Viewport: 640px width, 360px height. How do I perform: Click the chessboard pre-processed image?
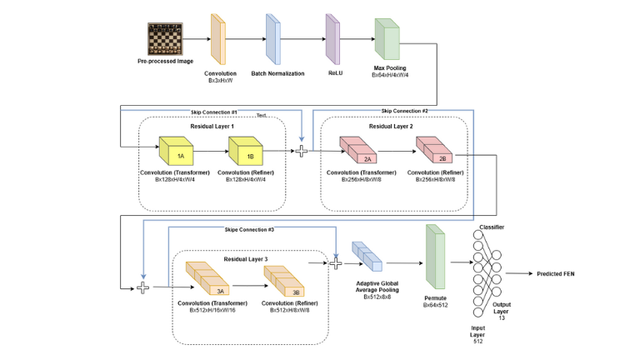[x=164, y=39]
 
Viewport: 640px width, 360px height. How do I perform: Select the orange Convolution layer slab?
[x=218, y=39]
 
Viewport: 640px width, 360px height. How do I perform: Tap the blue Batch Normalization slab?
[x=272, y=39]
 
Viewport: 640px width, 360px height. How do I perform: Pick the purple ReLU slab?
[x=332, y=39]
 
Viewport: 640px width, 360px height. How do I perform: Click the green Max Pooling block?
[x=387, y=39]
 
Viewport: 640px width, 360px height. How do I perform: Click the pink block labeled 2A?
[x=366, y=152]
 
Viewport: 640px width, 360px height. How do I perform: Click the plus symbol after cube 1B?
[x=302, y=150]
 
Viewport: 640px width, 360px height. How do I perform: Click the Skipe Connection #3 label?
[x=249, y=229]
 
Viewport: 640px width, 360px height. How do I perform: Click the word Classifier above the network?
[x=492, y=227]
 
